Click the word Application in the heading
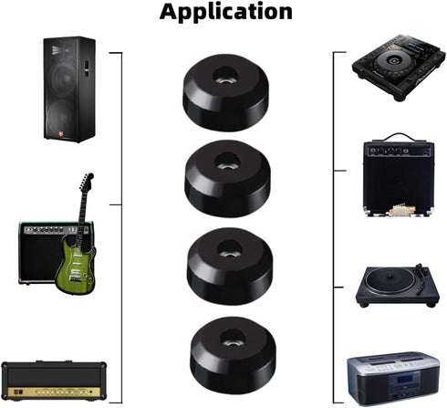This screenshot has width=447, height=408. click(x=225, y=12)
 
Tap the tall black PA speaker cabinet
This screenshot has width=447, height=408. click(x=69, y=89)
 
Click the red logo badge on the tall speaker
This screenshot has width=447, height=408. click(x=61, y=133)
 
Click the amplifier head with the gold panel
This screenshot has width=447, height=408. click(x=54, y=381)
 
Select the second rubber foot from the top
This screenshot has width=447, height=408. click(x=227, y=178)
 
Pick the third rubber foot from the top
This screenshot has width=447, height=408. click(x=230, y=266)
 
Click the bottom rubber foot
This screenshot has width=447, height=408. click(x=234, y=355)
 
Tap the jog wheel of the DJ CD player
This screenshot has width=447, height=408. click(x=392, y=60)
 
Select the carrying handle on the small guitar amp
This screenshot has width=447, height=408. click(x=399, y=137)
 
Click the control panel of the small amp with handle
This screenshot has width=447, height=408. click(x=399, y=151)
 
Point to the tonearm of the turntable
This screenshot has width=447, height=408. click(x=421, y=277)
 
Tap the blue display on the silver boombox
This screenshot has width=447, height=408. click(x=403, y=380)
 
